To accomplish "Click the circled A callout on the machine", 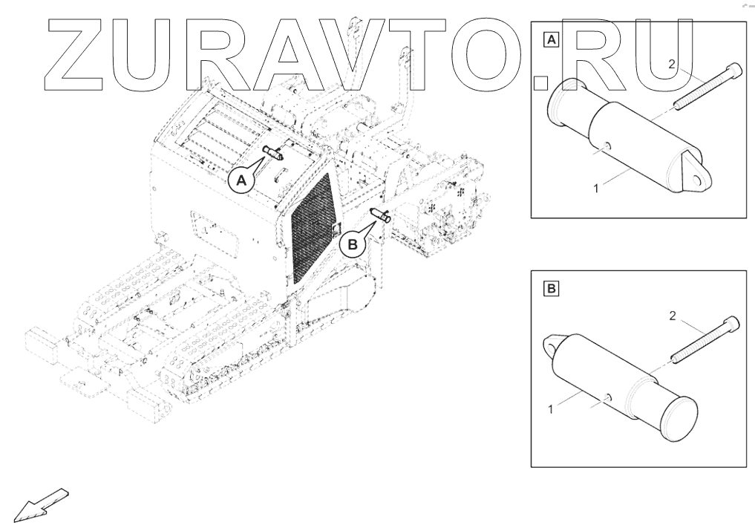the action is tap(241, 180).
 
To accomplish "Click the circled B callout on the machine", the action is tap(353, 243).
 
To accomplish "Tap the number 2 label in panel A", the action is tap(670, 65).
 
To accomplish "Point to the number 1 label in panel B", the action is tap(551, 409).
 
